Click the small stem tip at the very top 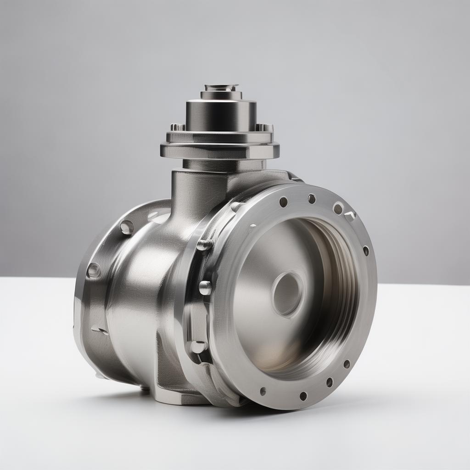pos(221,87)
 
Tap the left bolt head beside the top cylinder pos(177,127)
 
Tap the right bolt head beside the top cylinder pos(264,127)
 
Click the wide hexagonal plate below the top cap pos(219,150)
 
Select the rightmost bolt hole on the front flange pos(366,251)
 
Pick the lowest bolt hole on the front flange pos(303,396)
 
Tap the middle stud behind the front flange pos(205,288)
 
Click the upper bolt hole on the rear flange pos(127,227)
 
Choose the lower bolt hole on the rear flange pos(94,270)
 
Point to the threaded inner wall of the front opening pos(337,285)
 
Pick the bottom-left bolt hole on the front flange pos(263,391)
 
